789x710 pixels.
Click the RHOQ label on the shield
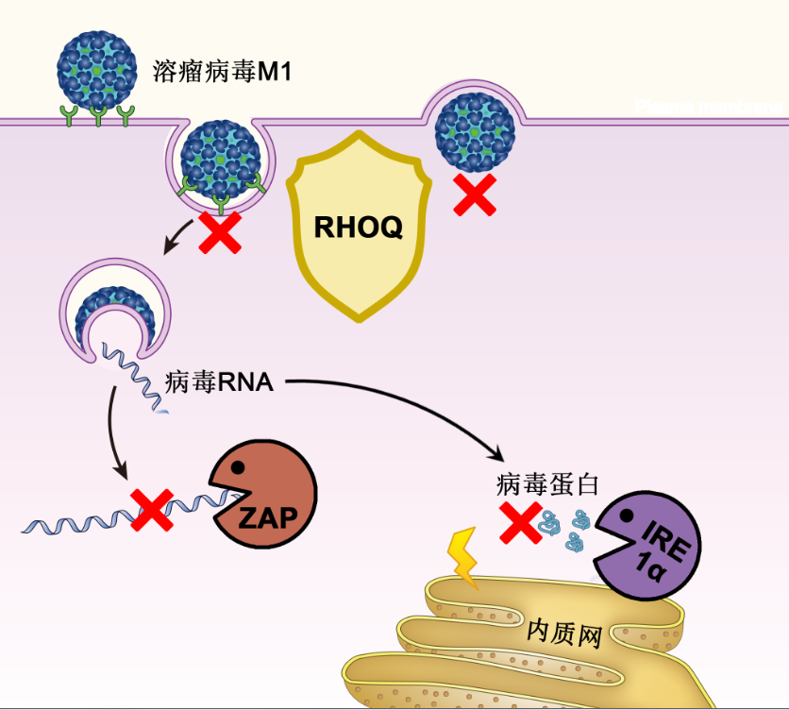pos(358,228)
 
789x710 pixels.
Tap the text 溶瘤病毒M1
pos(222,72)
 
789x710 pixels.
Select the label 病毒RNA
pos(219,382)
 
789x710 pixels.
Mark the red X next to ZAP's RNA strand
pos(151,509)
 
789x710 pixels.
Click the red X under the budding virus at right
pos(475,194)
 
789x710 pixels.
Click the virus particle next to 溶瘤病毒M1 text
pos(95,71)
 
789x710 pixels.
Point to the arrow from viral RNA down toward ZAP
pos(113,430)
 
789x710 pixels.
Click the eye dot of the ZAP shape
pos(239,465)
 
